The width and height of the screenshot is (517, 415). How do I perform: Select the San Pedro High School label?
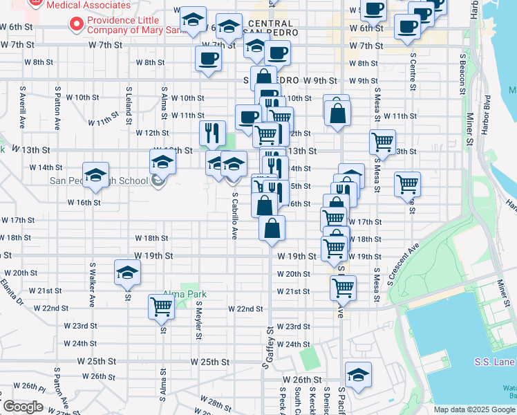(99, 181)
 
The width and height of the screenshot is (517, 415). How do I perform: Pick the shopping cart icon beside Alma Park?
(162, 306)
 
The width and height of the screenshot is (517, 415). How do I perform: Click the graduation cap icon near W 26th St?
(358, 376)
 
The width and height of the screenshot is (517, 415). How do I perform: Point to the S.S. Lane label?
(495, 362)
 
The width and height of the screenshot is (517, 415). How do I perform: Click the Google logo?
(23, 407)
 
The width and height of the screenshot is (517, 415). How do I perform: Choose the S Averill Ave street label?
(23, 107)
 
